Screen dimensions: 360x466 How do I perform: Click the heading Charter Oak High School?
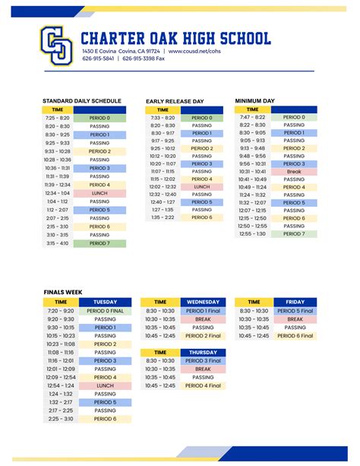pyautogui.click(x=175, y=38)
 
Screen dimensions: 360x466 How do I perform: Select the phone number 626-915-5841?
pyautogui.click(x=98, y=59)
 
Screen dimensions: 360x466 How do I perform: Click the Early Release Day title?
pyautogui.click(x=175, y=101)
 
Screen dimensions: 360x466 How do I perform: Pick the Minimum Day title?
pyautogui.click(x=254, y=100)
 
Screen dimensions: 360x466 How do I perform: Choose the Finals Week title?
pyautogui.click(x=62, y=291)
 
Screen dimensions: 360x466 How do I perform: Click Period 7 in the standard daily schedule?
pyautogui.click(x=99, y=243)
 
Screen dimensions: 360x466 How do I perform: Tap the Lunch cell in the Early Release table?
pyautogui.click(x=202, y=186)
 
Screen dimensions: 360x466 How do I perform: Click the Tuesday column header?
pyautogui.click(x=105, y=302)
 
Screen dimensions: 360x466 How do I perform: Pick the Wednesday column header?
pyautogui.click(x=203, y=302)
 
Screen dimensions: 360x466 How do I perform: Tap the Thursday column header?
pyautogui.click(x=203, y=353)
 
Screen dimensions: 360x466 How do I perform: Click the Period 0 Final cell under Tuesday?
pyautogui.click(x=105, y=311)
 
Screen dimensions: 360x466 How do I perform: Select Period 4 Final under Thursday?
pyautogui.click(x=203, y=385)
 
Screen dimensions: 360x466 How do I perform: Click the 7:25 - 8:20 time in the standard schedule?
pyautogui.click(x=57, y=118)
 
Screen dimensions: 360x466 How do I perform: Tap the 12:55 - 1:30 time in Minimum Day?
pyautogui.click(x=252, y=234)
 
